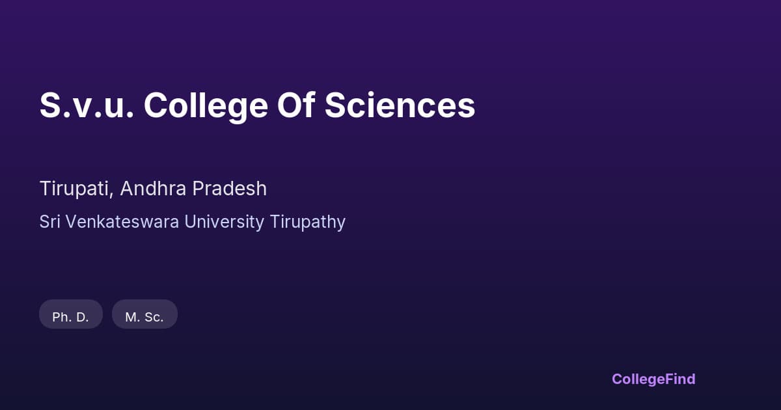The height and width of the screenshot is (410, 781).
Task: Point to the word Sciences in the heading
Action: tap(400, 105)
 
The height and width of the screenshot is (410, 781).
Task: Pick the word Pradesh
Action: tap(230, 189)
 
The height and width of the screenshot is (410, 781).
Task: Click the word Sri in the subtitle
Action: tap(49, 222)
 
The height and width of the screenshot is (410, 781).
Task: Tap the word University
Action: tap(224, 222)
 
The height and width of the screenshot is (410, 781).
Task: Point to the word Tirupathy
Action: tap(307, 223)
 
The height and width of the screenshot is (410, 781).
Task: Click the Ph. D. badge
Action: tap(71, 317)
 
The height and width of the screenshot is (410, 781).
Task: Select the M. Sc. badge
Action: tap(144, 317)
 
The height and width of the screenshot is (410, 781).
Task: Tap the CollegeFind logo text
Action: tap(653, 379)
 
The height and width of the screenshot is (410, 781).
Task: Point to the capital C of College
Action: tap(157, 105)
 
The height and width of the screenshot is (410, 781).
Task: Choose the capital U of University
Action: tap(190, 222)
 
